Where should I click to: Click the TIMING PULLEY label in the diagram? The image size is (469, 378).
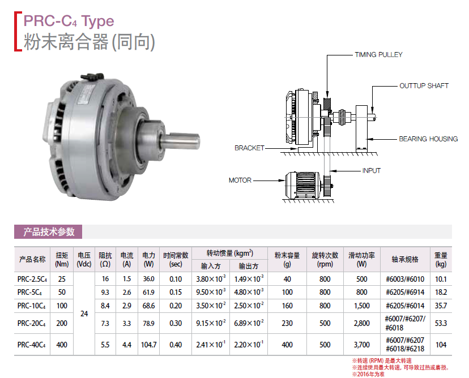tap(378, 55)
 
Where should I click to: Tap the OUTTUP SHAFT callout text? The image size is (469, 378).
tap(424, 86)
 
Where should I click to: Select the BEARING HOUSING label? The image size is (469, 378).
tap(428, 139)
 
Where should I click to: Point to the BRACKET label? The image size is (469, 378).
tap(249, 148)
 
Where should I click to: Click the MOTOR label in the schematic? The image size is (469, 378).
tap(240, 180)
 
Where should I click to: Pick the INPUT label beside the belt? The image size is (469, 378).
tap(371, 171)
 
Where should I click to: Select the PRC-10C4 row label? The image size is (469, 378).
tap(31, 306)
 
